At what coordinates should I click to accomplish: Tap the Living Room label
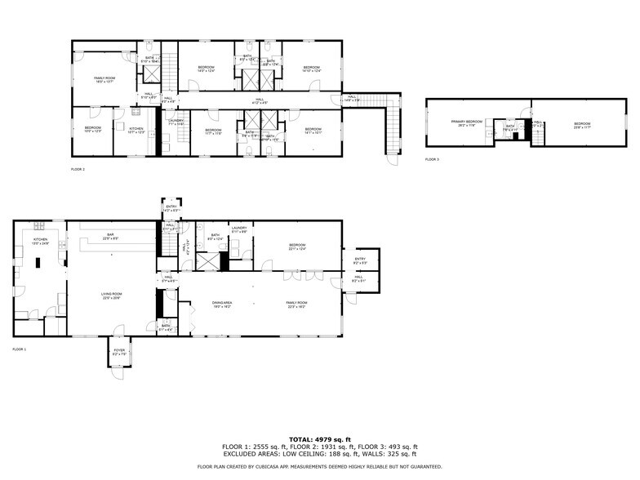click(x=111, y=296)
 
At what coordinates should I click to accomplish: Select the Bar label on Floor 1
click(x=111, y=237)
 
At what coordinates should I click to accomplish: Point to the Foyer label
click(x=118, y=353)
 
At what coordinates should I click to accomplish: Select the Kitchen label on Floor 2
click(x=136, y=129)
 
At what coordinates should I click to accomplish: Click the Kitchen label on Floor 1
click(x=40, y=241)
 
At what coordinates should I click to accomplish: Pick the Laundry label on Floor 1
click(x=239, y=229)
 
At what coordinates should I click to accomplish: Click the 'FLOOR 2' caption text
click(x=78, y=169)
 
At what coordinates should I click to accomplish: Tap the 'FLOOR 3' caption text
click(x=432, y=159)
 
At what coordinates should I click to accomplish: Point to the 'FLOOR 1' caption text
click(x=19, y=349)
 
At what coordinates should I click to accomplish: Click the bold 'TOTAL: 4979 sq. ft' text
click(x=319, y=439)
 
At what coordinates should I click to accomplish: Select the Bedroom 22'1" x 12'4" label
click(x=296, y=247)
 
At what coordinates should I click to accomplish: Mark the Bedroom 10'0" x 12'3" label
click(x=92, y=129)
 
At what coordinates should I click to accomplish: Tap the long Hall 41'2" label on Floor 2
click(x=260, y=101)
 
